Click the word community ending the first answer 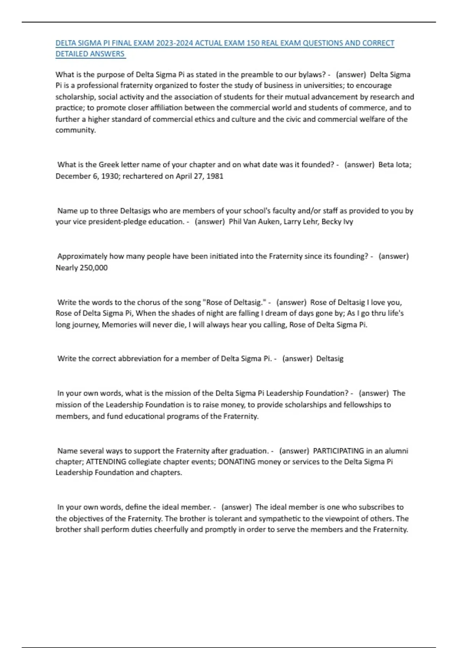coord(75,130)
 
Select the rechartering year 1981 coord(215,176)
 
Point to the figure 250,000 coord(94,268)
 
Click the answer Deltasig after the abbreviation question coord(330,358)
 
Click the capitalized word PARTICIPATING coord(338,451)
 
